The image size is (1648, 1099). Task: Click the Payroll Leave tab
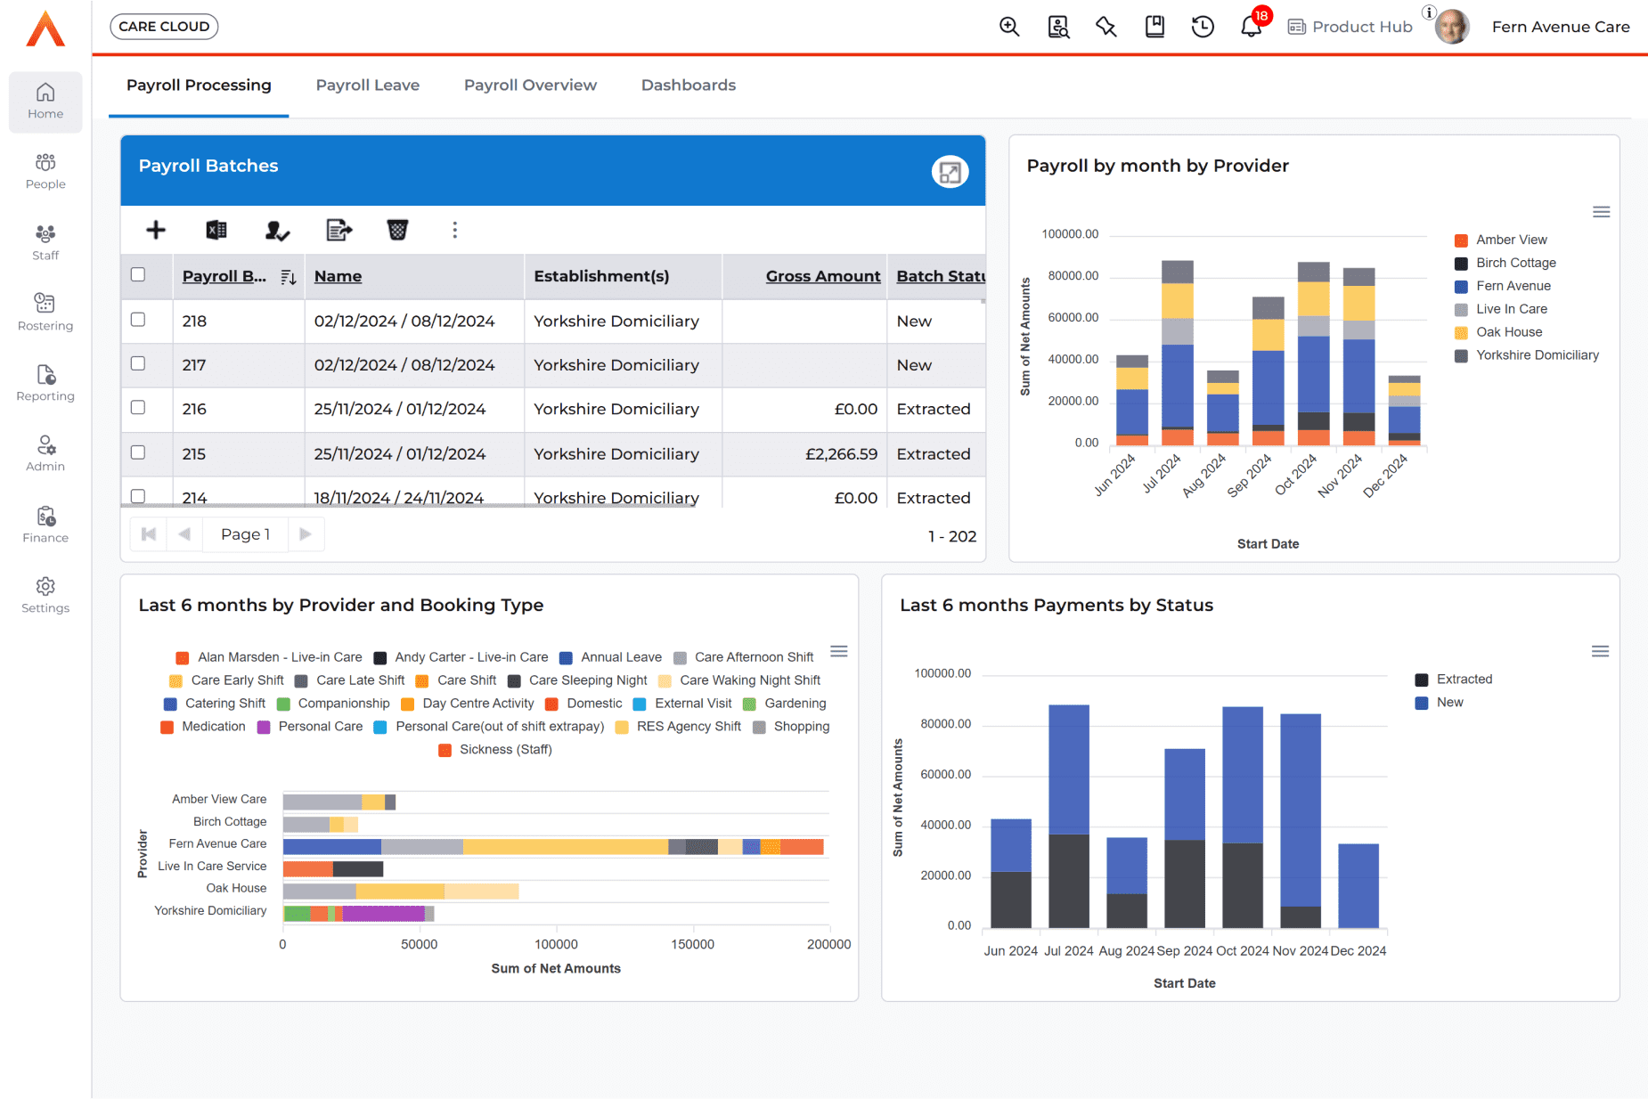367,85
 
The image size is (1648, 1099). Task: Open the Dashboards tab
688,85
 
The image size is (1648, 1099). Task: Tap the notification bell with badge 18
1251,27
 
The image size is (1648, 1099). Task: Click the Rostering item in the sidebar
45,312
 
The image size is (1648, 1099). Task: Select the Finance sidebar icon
45,524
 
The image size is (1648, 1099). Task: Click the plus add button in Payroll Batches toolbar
156,231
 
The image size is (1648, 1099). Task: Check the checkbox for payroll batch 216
138,408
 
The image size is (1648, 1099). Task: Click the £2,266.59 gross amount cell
840,454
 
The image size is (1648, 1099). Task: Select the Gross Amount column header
822,276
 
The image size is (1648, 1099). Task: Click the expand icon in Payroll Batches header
950,172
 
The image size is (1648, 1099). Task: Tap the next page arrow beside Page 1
306,534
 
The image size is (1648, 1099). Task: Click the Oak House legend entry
1508,332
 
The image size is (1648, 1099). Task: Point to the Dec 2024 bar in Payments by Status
1358,885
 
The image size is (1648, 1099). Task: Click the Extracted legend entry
1464,680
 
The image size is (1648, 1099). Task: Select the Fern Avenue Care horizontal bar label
217,843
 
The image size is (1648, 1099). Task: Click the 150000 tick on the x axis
692,945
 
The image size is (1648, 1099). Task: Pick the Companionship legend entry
343,704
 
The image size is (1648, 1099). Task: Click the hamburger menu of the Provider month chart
1601,212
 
